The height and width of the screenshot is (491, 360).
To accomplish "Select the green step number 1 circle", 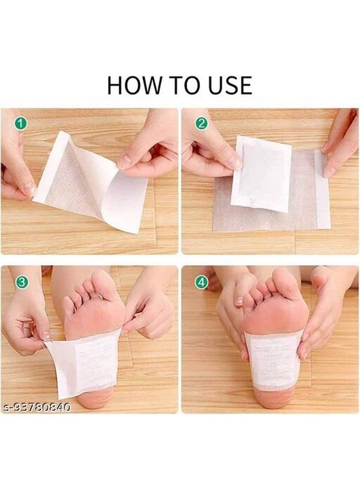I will (21, 124).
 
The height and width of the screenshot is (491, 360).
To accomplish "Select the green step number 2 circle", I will (202, 124).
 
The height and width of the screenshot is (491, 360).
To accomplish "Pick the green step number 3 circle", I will (21, 282).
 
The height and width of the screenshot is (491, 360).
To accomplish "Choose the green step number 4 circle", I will (202, 282).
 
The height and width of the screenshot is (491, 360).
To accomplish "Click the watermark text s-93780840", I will (36, 407).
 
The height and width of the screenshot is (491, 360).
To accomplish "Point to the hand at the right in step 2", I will (341, 142).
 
